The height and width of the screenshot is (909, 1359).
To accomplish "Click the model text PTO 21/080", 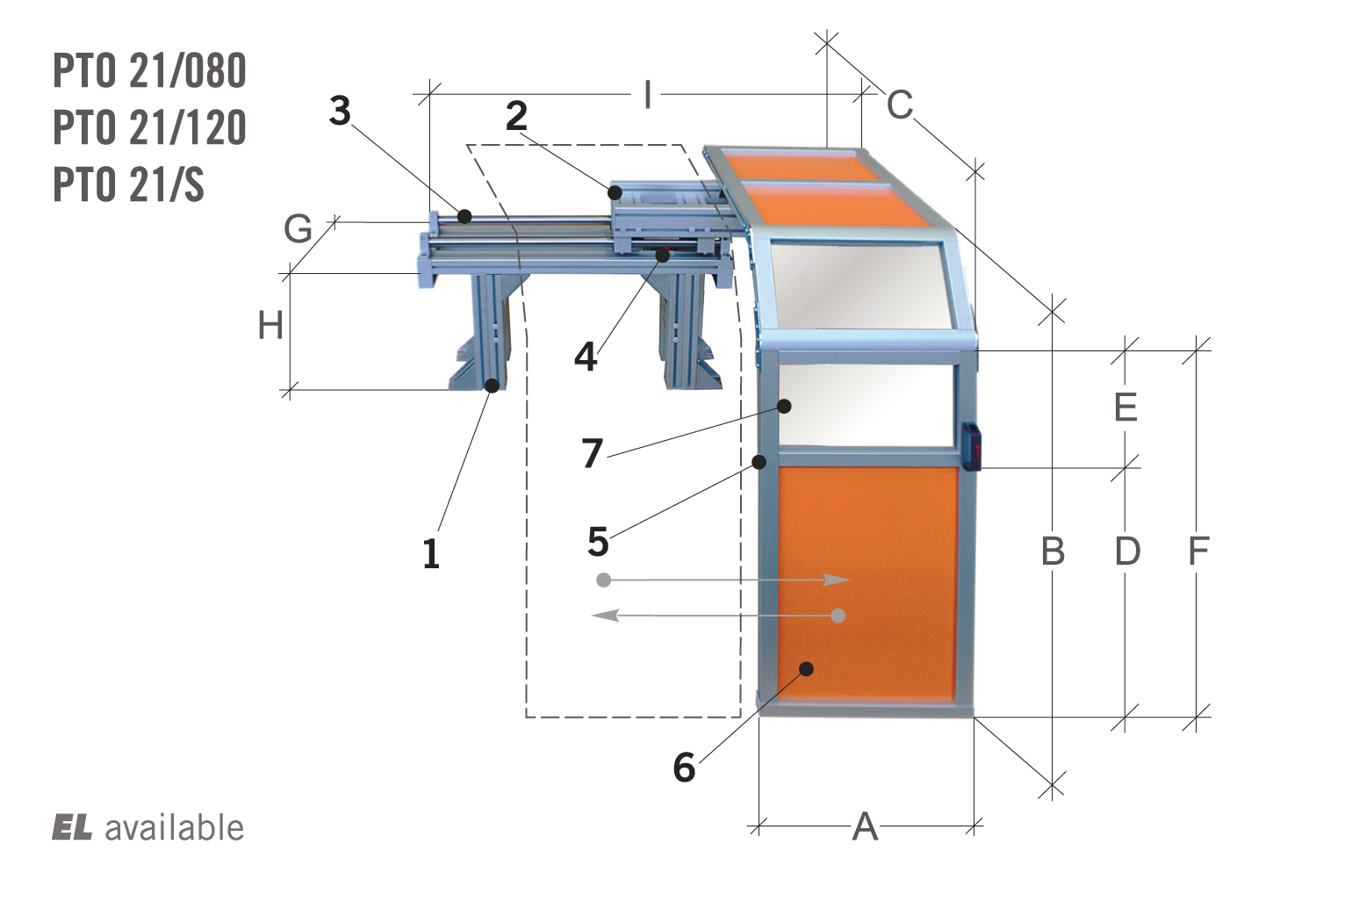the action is click(x=149, y=70).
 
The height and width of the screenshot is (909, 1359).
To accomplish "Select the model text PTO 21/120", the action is click(x=149, y=127).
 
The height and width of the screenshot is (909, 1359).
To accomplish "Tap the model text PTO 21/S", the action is click(x=129, y=184).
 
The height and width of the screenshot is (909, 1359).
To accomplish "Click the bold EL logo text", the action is click(x=72, y=827).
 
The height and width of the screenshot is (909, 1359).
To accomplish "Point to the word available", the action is click(x=175, y=827).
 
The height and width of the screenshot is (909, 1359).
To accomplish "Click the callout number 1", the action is click(x=431, y=553).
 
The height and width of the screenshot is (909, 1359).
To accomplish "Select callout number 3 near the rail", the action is click(x=341, y=111).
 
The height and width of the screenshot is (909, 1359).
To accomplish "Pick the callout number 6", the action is click(x=685, y=767).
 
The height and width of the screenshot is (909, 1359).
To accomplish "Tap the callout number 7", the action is click(x=592, y=452).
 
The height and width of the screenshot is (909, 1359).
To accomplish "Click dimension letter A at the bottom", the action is click(x=865, y=826).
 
